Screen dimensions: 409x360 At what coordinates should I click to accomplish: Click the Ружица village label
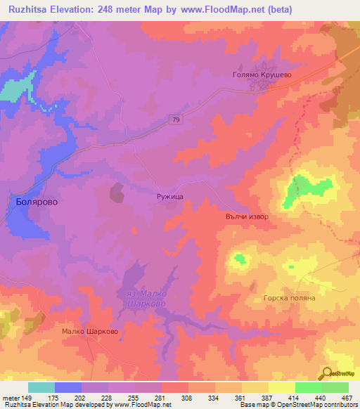point(170,199)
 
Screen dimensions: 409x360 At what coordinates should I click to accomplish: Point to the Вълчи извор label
point(247,217)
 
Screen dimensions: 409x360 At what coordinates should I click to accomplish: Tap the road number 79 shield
point(175,121)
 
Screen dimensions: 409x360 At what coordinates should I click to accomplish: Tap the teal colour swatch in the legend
point(41,387)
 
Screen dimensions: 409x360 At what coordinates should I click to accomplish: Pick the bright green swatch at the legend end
point(335,387)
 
